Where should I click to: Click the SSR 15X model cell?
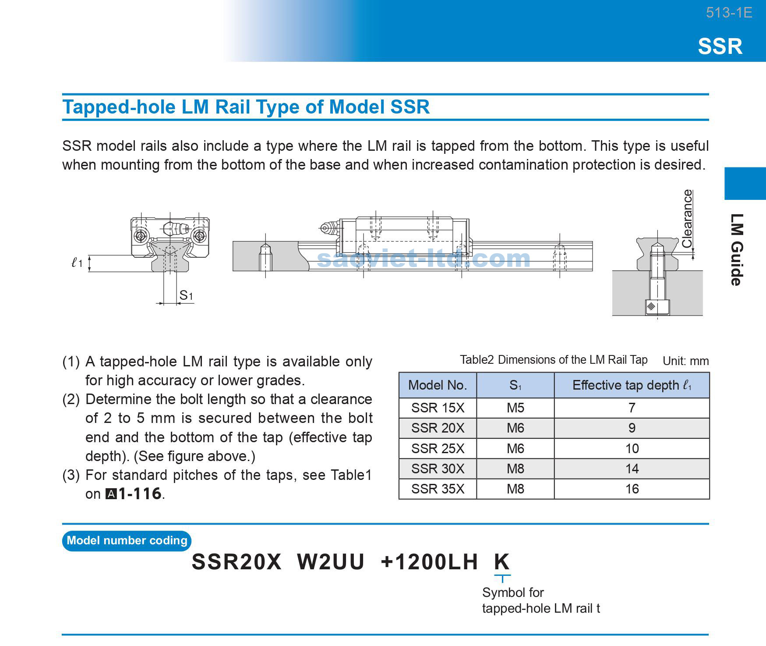click(437, 408)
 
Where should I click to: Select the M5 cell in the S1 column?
click(515, 408)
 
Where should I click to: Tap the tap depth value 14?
click(632, 469)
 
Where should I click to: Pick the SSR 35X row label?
click(437, 489)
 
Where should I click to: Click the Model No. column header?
click(437, 385)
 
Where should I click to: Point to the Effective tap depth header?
click(632, 385)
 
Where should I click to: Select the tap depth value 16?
click(632, 489)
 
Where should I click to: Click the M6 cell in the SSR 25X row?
click(515, 449)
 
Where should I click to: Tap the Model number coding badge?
click(127, 540)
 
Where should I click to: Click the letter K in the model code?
click(502, 562)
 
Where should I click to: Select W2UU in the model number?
click(331, 562)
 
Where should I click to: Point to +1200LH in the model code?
click(429, 562)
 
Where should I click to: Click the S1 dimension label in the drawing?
click(186, 296)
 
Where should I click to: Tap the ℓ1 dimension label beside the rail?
click(77, 263)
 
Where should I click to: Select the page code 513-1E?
click(729, 13)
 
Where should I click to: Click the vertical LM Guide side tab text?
click(737, 250)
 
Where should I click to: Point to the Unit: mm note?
click(685, 361)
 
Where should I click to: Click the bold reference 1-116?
click(140, 494)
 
